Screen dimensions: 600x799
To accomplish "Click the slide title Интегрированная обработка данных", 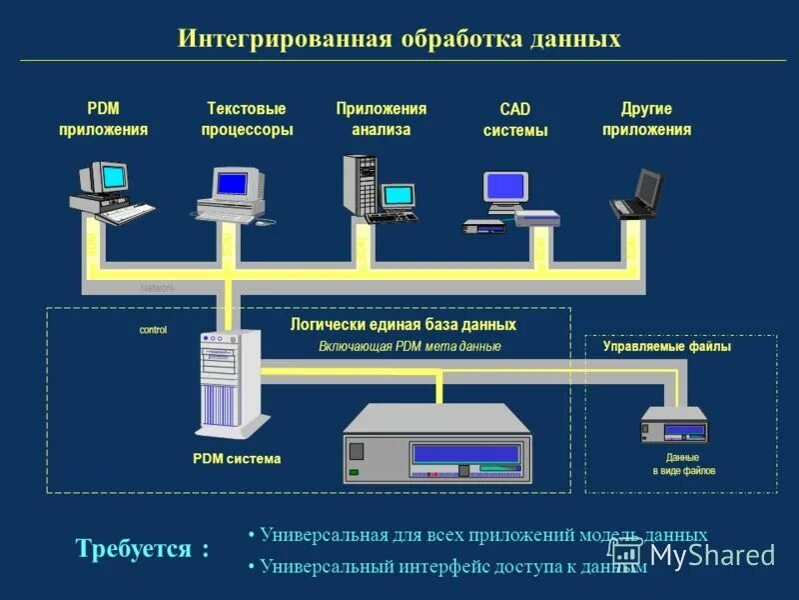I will point(399,39).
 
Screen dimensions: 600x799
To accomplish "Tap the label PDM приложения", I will point(103,119).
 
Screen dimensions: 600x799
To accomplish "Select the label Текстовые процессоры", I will point(246,119).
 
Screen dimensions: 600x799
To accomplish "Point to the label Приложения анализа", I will point(381,119).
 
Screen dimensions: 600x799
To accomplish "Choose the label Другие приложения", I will point(646,119).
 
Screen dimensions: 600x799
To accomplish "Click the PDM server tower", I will point(229,385).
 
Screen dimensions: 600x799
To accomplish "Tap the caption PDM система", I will point(237,459).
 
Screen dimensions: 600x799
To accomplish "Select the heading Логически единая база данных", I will point(402,325).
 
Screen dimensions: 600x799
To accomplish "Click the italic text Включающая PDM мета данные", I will point(409,346).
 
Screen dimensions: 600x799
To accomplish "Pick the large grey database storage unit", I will point(437,444).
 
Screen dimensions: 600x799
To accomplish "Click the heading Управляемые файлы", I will point(666,347).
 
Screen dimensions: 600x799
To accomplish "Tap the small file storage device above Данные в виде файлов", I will point(674,426).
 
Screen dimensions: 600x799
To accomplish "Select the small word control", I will point(153,330).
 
